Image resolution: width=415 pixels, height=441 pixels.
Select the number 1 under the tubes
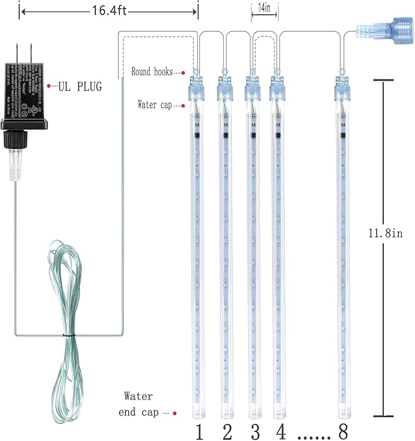click(x=198, y=431)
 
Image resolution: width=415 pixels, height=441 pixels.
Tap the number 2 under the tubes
click(x=227, y=431)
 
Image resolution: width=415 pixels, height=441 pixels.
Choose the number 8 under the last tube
click(x=343, y=431)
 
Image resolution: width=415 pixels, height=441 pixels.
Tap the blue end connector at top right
click(x=380, y=30)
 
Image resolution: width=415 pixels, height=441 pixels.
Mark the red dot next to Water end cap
click(x=175, y=414)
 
